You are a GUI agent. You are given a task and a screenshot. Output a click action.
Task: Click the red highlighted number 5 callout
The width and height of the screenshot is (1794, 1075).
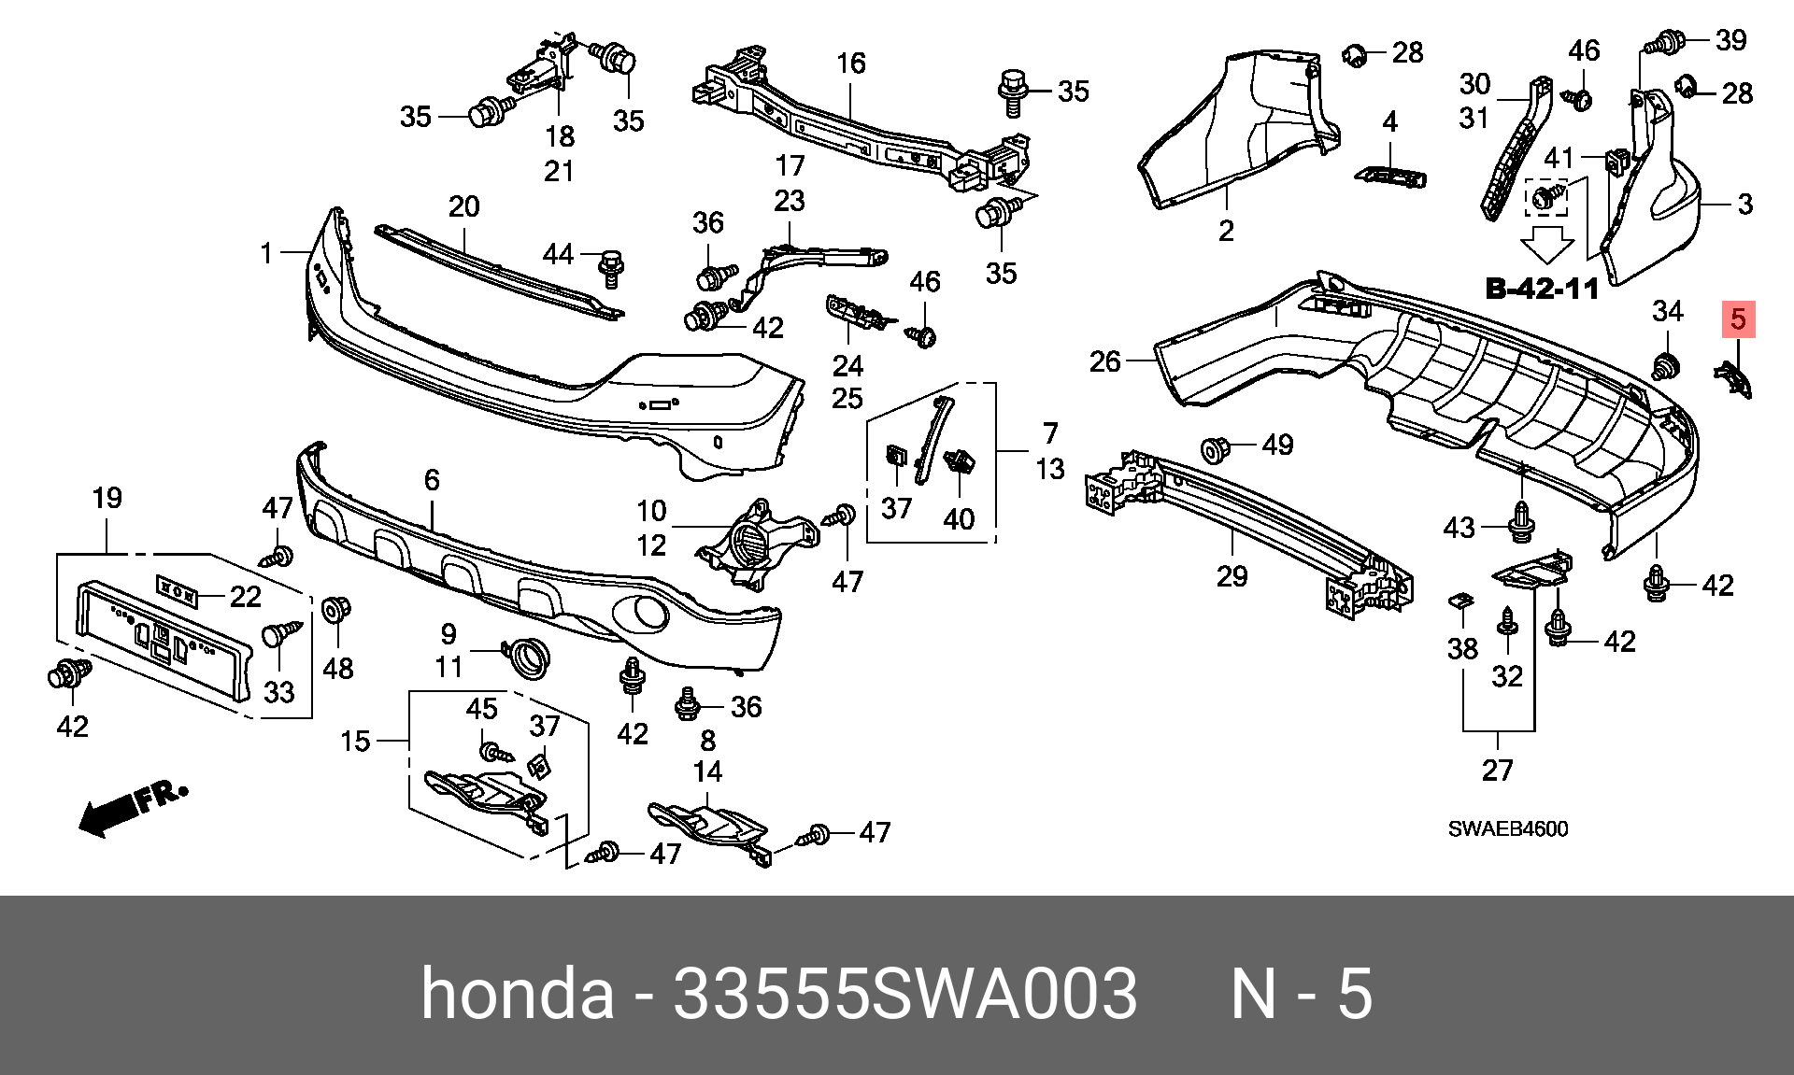click(1738, 319)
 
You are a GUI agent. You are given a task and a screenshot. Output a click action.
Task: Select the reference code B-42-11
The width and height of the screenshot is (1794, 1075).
click(1543, 289)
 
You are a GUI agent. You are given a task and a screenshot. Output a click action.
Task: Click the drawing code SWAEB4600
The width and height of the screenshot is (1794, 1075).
click(1508, 828)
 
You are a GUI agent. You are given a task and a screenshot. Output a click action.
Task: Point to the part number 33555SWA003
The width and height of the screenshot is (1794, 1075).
click(904, 993)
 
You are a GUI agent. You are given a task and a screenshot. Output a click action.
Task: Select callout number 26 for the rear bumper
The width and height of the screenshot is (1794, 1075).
click(1104, 361)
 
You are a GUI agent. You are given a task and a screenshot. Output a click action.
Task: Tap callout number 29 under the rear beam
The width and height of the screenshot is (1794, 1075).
click(1232, 575)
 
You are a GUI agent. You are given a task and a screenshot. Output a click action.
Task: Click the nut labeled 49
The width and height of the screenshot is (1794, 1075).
click(1214, 449)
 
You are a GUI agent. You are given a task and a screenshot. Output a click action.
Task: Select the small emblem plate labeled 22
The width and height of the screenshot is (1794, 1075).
click(177, 592)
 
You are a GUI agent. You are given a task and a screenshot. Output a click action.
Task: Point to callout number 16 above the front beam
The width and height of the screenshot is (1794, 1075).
click(850, 64)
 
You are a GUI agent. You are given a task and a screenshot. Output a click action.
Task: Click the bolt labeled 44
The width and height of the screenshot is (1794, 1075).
click(611, 268)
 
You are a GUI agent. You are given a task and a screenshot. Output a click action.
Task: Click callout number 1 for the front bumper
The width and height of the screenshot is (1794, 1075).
click(266, 252)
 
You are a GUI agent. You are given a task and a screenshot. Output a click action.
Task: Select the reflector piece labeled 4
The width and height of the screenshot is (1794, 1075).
click(1390, 176)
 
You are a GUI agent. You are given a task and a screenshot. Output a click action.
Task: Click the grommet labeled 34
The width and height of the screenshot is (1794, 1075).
click(1663, 366)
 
